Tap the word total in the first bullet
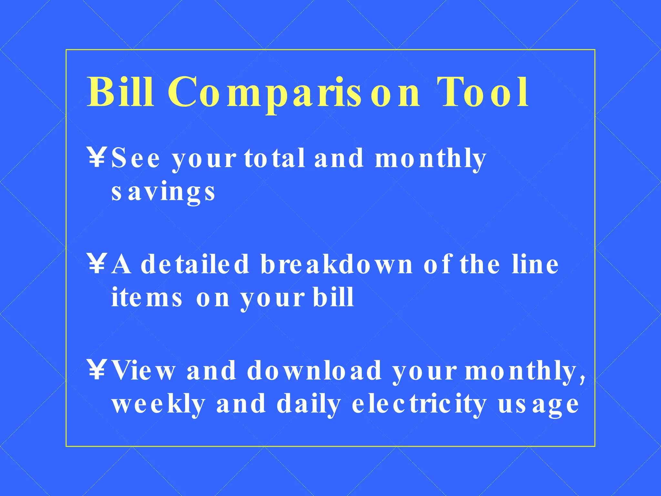pyautogui.click(x=275, y=158)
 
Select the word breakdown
pyautogui.click(x=337, y=264)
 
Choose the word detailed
pyautogui.click(x=195, y=264)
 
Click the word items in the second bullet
pyautogui.click(x=147, y=297)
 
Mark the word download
pyautogui.click(x=314, y=371)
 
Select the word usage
pyautogui.click(x=538, y=405)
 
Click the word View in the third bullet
pyautogui.click(x=144, y=371)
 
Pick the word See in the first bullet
pyautogui.click(x=136, y=158)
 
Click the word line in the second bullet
pyautogui.click(x=535, y=264)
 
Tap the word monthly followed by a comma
pyautogui.click(x=524, y=371)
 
